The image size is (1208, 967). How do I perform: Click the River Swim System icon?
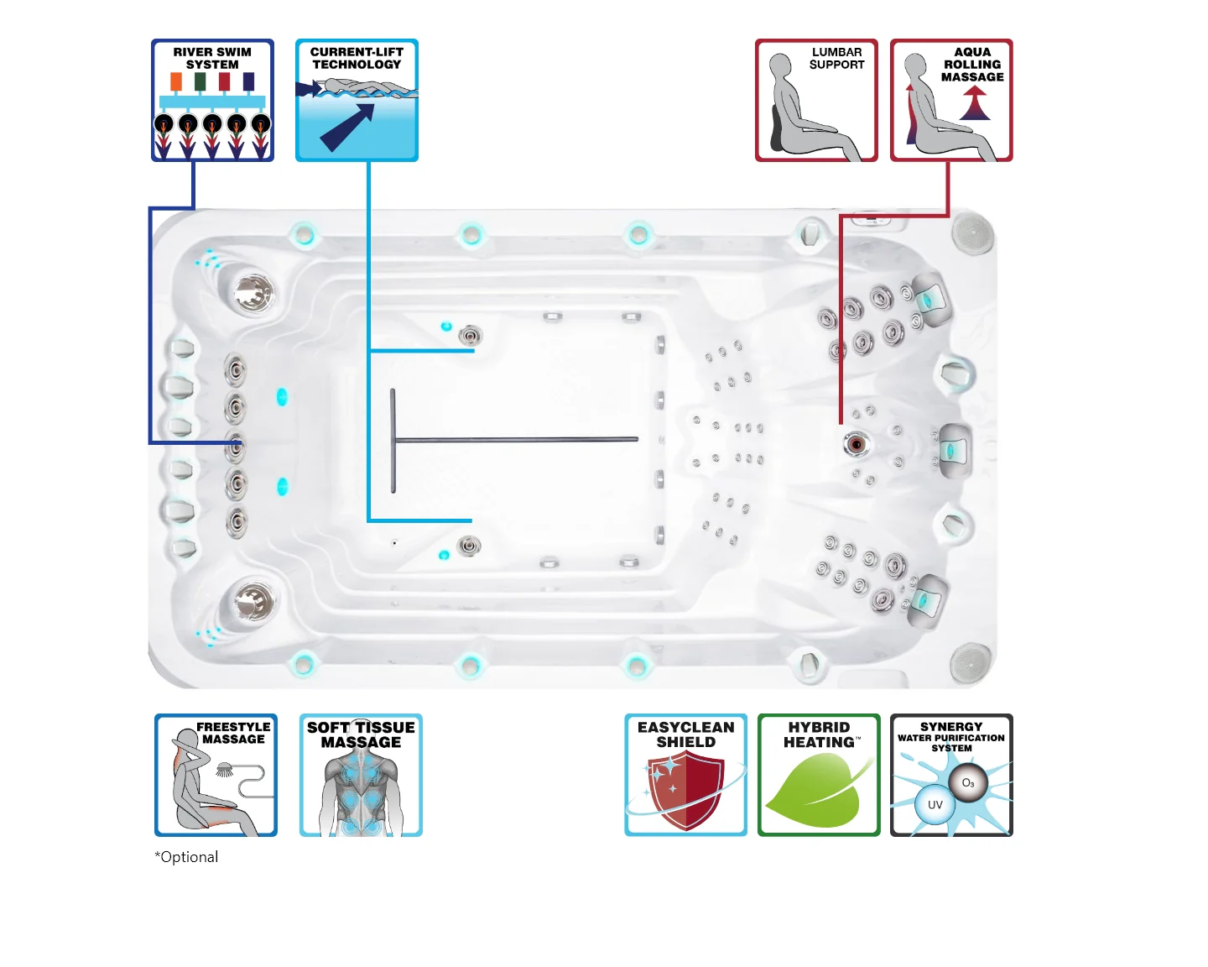[212, 100]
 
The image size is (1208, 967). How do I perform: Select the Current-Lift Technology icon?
[357, 100]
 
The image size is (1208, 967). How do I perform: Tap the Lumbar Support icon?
[816, 100]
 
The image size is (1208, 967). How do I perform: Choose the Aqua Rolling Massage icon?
[951, 100]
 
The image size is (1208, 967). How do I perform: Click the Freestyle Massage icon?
[216, 775]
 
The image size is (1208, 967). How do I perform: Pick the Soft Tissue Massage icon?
[361, 775]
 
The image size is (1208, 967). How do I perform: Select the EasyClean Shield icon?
[685, 775]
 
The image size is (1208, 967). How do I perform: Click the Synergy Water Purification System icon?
[951, 775]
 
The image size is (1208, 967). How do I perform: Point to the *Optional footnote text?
[186, 857]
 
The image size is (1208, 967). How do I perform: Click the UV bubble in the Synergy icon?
[935, 804]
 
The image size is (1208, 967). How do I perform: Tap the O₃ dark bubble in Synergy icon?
[968, 782]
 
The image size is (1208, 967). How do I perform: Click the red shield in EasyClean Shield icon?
[686, 789]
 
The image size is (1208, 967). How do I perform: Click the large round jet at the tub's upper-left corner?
[252, 293]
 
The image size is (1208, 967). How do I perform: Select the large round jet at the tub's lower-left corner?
[252, 600]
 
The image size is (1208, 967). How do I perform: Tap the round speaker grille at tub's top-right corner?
[973, 231]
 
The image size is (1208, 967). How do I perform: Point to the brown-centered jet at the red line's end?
[856, 443]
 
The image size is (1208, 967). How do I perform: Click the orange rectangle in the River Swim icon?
[176, 81]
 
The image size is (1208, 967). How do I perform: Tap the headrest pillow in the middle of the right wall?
[953, 451]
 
